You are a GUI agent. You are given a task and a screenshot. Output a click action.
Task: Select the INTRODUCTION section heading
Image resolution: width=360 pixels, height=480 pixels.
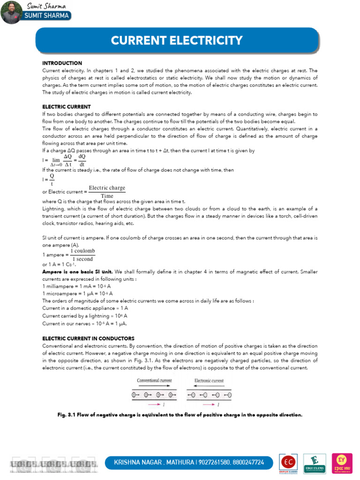tap(62, 63)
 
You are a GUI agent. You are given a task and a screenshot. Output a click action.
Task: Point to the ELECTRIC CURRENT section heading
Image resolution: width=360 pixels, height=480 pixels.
tap(66, 107)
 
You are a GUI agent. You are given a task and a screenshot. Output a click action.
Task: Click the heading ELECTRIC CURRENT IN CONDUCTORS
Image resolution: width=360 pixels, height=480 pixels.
tap(88, 338)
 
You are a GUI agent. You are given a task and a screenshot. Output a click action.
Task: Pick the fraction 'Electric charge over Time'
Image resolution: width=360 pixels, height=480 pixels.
tap(107, 192)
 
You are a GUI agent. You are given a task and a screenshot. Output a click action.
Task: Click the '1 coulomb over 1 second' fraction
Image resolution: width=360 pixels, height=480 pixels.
tap(82, 255)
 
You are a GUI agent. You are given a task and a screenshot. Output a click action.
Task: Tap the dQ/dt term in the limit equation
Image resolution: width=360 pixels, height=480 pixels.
tap(82, 160)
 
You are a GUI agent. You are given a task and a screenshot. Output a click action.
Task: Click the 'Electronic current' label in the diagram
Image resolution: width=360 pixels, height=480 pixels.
tap(209, 381)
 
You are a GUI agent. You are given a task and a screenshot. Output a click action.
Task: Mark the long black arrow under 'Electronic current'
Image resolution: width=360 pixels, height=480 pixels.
tap(209, 387)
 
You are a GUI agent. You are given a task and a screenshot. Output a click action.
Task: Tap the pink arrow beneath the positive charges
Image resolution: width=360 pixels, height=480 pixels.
tap(154, 404)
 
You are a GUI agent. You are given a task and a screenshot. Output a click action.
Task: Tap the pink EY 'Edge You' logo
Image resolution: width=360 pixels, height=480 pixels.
tap(342, 462)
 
